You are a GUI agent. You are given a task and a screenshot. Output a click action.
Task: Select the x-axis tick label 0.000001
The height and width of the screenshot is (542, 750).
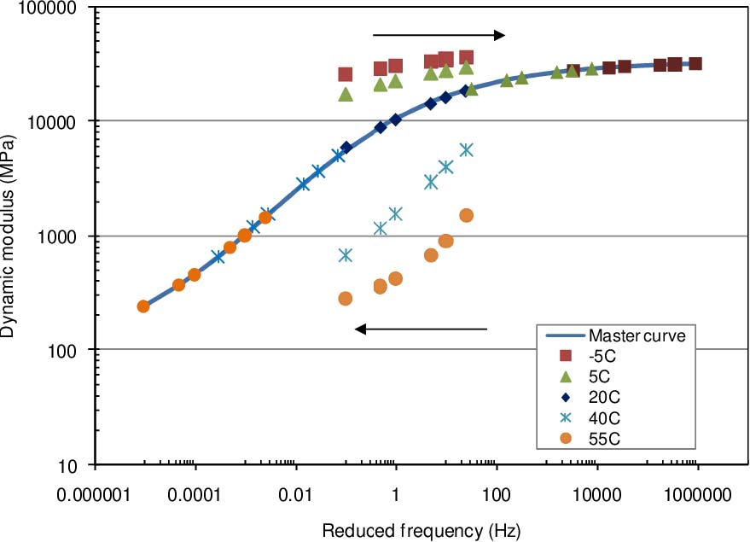point(95,493)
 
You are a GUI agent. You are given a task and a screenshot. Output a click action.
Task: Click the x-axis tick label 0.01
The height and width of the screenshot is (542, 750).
point(295,493)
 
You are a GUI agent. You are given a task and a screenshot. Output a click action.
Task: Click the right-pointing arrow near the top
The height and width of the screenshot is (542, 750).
point(439,35)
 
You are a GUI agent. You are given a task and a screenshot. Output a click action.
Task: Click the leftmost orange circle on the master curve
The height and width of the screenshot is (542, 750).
point(143,306)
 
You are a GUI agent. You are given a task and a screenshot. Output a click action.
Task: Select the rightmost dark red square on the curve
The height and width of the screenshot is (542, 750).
point(695,64)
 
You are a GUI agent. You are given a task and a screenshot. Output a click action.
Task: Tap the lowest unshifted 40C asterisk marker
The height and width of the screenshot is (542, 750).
point(346,255)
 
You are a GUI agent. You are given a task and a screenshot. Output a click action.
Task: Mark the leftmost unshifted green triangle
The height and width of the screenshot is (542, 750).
point(346,95)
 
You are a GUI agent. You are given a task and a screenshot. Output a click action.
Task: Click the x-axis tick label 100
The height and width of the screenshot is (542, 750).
point(496,493)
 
